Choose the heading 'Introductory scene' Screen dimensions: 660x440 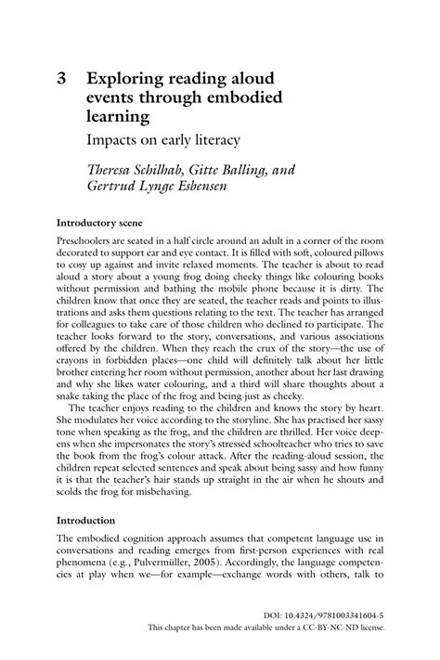coord(104,224)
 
